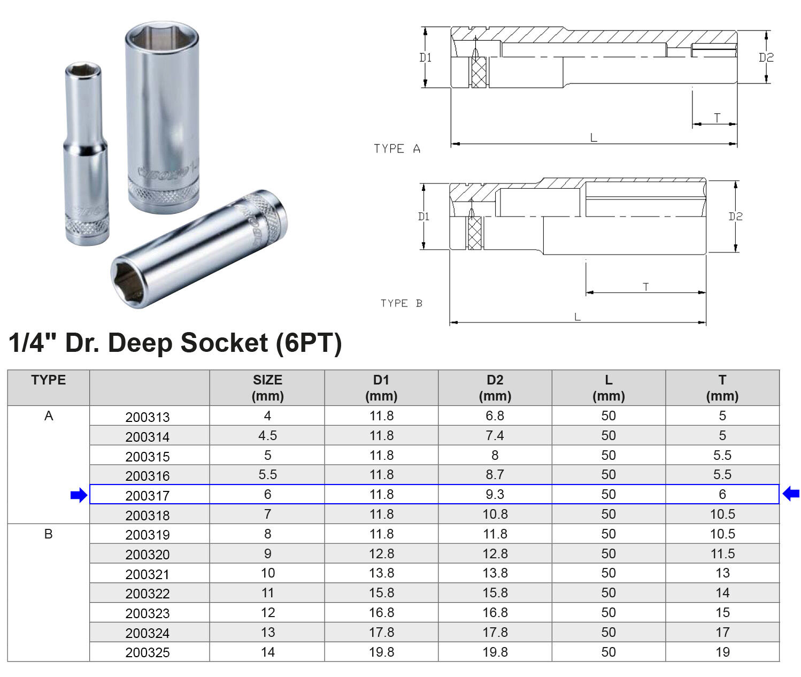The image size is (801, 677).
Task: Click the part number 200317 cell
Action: (x=147, y=496)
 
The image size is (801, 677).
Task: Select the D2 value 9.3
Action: (x=495, y=494)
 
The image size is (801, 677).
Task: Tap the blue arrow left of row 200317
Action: (x=79, y=495)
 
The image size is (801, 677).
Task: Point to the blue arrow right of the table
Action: (x=791, y=494)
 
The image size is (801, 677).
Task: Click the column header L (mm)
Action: (x=609, y=388)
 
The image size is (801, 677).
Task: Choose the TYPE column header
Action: (x=48, y=380)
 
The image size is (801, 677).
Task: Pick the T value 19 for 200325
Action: (x=722, y=652)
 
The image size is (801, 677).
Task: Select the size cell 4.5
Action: (x=267, y=436)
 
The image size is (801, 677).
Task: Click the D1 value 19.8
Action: (x=381, y=652)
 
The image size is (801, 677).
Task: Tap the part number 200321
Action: (x=147, y=574)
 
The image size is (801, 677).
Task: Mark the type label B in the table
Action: (x=48, y=534)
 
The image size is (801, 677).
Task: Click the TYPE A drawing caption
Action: (x=397, y=149)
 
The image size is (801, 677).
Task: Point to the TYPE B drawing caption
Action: (x=401, y=303)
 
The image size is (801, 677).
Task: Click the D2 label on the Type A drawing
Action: (x=766, y=57)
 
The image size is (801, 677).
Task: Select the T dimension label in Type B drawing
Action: (x=646, y=287)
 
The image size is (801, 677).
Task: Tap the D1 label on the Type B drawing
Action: (x=423, y=217)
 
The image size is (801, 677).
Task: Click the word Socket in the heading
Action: (x=224, y=343)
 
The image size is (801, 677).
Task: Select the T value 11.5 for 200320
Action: (x=722, y=554)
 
